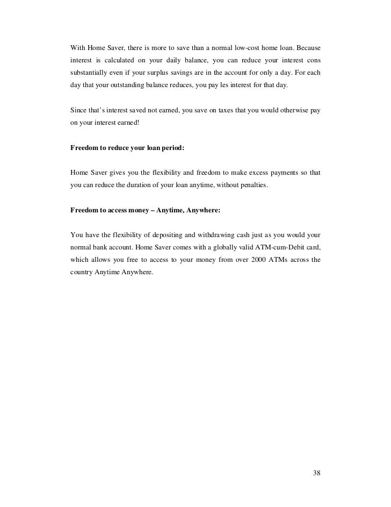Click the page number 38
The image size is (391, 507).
tap(316, 473)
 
